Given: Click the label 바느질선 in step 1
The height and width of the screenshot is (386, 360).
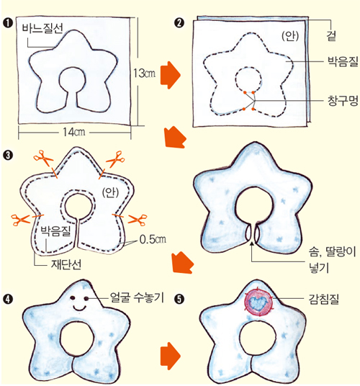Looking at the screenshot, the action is click(42, 29).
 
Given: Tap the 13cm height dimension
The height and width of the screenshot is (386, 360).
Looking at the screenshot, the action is click(144, 73).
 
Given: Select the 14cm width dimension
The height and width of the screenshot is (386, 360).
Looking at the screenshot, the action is click(74, 133).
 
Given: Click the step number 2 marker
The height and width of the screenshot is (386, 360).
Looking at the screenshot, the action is click(179, 23).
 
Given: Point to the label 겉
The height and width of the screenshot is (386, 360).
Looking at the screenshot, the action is click(331, 36).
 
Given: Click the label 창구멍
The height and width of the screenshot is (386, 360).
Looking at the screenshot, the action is click(343, 101).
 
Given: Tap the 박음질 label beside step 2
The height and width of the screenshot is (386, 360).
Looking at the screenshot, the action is click(343, 61).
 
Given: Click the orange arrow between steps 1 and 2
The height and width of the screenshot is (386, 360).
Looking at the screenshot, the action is click(171, 75).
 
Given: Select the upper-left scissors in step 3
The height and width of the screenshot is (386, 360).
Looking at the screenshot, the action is click(43, 158).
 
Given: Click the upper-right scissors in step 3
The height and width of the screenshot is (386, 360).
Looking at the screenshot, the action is click(116, 159).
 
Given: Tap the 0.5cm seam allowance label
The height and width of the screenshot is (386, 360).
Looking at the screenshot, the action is click(153, 239).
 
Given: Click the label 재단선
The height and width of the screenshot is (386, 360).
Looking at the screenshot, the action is click(66, 264).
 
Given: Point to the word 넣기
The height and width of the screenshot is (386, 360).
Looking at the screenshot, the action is click(319, 268).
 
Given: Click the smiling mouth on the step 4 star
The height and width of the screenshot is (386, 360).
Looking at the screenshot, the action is click(79, 308).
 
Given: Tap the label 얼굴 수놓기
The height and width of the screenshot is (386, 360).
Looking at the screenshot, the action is click(137, 297).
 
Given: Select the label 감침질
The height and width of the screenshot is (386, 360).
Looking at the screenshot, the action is click(324, 300).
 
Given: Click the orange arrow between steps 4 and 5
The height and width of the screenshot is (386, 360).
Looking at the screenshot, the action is click(171, 356).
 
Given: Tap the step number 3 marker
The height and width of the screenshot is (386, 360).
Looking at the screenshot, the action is click(8, 156).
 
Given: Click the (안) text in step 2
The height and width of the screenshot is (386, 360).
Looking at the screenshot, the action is click(290, 37).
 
